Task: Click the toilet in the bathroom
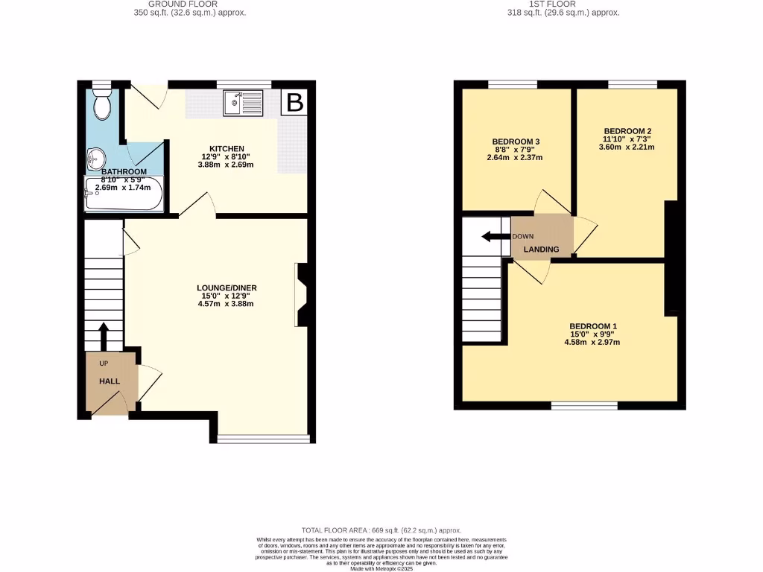(x=102, y=106)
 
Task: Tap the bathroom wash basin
(x=95, y=157)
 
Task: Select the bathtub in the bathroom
(x=123, y=195)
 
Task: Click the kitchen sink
(x=243, y=103)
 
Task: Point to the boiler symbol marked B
(x=295, y=103)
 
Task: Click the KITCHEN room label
(x=227, y=149)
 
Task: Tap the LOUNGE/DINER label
(x=227, y=287)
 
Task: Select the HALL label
(x=110, y=381)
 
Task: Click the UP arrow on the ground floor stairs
(x=104, y=337)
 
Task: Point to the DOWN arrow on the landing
(x=495, y=237)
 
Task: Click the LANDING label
(x=541, y=249)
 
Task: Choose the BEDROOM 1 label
(x=593, y=326)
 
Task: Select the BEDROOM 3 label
(x=516, y=142)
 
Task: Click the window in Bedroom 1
(x=584, y=406)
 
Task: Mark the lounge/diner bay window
(x=263, y=439)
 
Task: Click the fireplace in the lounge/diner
(x=302, y=294)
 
